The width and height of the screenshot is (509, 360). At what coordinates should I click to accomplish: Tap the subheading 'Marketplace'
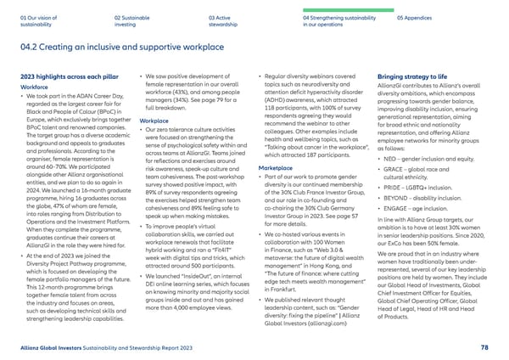pos(277,168)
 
